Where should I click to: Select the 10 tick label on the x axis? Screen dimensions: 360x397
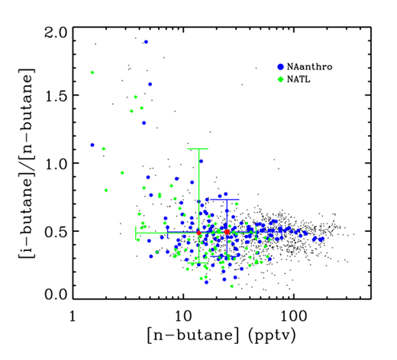click(x=182, y=315)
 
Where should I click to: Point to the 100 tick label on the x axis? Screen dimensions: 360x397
click(x=292, y=315)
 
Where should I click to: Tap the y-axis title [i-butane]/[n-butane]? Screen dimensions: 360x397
click(x=24, y=163)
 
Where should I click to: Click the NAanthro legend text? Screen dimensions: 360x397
click(x=311, y=67)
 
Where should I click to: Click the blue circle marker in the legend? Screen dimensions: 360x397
click(x=282, y=67)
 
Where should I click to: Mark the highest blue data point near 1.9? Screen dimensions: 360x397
click(x=145, y=42)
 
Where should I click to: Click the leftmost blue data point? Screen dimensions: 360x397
click(x=92, y=144)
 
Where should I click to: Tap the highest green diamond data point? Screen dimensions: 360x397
click(x=92, y=72)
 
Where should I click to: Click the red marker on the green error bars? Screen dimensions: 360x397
click(x=198, y=232)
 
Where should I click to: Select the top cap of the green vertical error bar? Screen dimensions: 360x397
click(x=198, y=149)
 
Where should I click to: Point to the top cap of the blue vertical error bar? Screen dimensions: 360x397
click(x=227, y=199)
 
